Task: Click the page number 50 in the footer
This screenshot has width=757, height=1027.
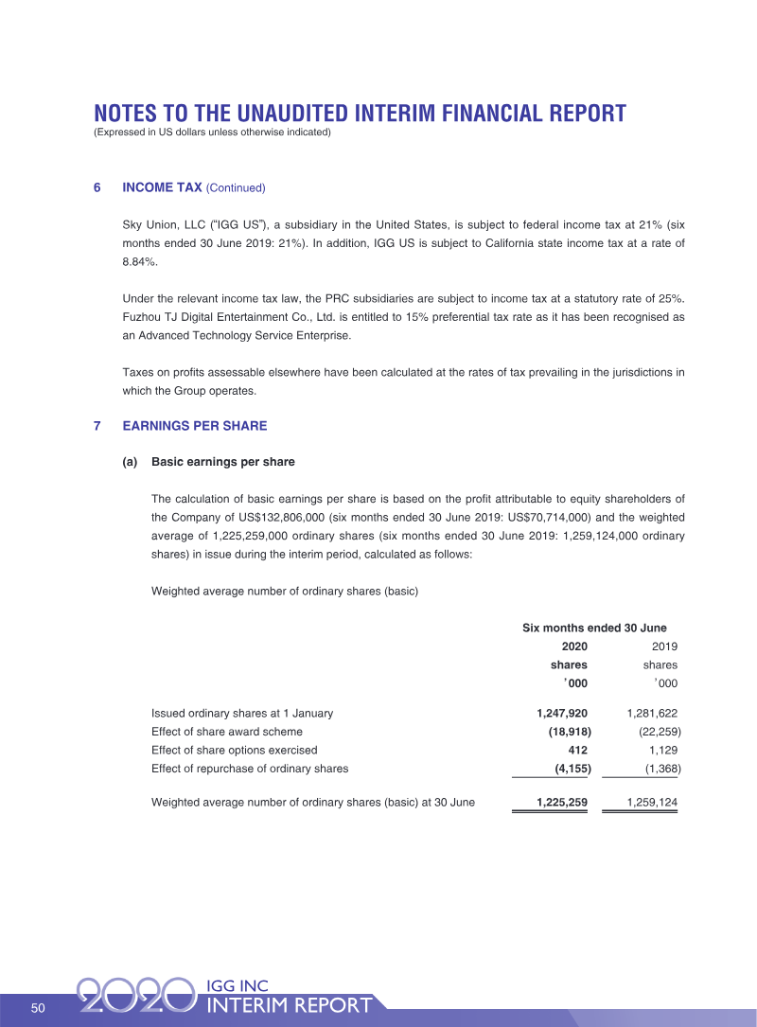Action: [38, 1007]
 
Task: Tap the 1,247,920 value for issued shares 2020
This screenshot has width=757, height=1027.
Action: [562, 713]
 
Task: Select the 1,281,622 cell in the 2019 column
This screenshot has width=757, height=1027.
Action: [652, 713]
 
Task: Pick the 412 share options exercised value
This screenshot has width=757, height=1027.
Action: [577, 750]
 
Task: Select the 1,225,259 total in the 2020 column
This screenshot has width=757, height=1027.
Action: [562, 803]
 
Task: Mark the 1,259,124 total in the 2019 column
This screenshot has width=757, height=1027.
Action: [652, 803]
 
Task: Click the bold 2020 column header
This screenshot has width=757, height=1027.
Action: [574, 646]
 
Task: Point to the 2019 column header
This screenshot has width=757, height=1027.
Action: [664, 646]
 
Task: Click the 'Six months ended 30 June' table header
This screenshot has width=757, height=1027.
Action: [594, 628]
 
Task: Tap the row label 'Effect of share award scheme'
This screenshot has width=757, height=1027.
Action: [227, 732]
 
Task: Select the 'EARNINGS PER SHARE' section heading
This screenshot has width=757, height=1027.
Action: [195, 426]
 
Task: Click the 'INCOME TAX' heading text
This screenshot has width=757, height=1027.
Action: [162, 187]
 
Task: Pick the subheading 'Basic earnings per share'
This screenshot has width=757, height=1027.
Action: [222, 462]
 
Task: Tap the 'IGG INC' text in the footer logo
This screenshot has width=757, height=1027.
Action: [237, 986]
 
